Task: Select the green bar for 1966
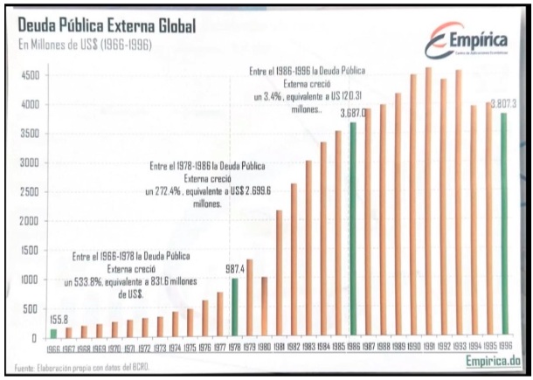coord(53,333)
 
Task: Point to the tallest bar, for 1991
coord(428,202)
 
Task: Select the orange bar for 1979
coord(248,298)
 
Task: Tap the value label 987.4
coord(233,269)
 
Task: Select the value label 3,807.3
coord(506,104)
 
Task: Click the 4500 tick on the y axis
coord(30,75)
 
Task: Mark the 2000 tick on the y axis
coord(30,221)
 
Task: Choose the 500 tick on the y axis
coord(32,308)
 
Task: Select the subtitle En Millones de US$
coord(84,45)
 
